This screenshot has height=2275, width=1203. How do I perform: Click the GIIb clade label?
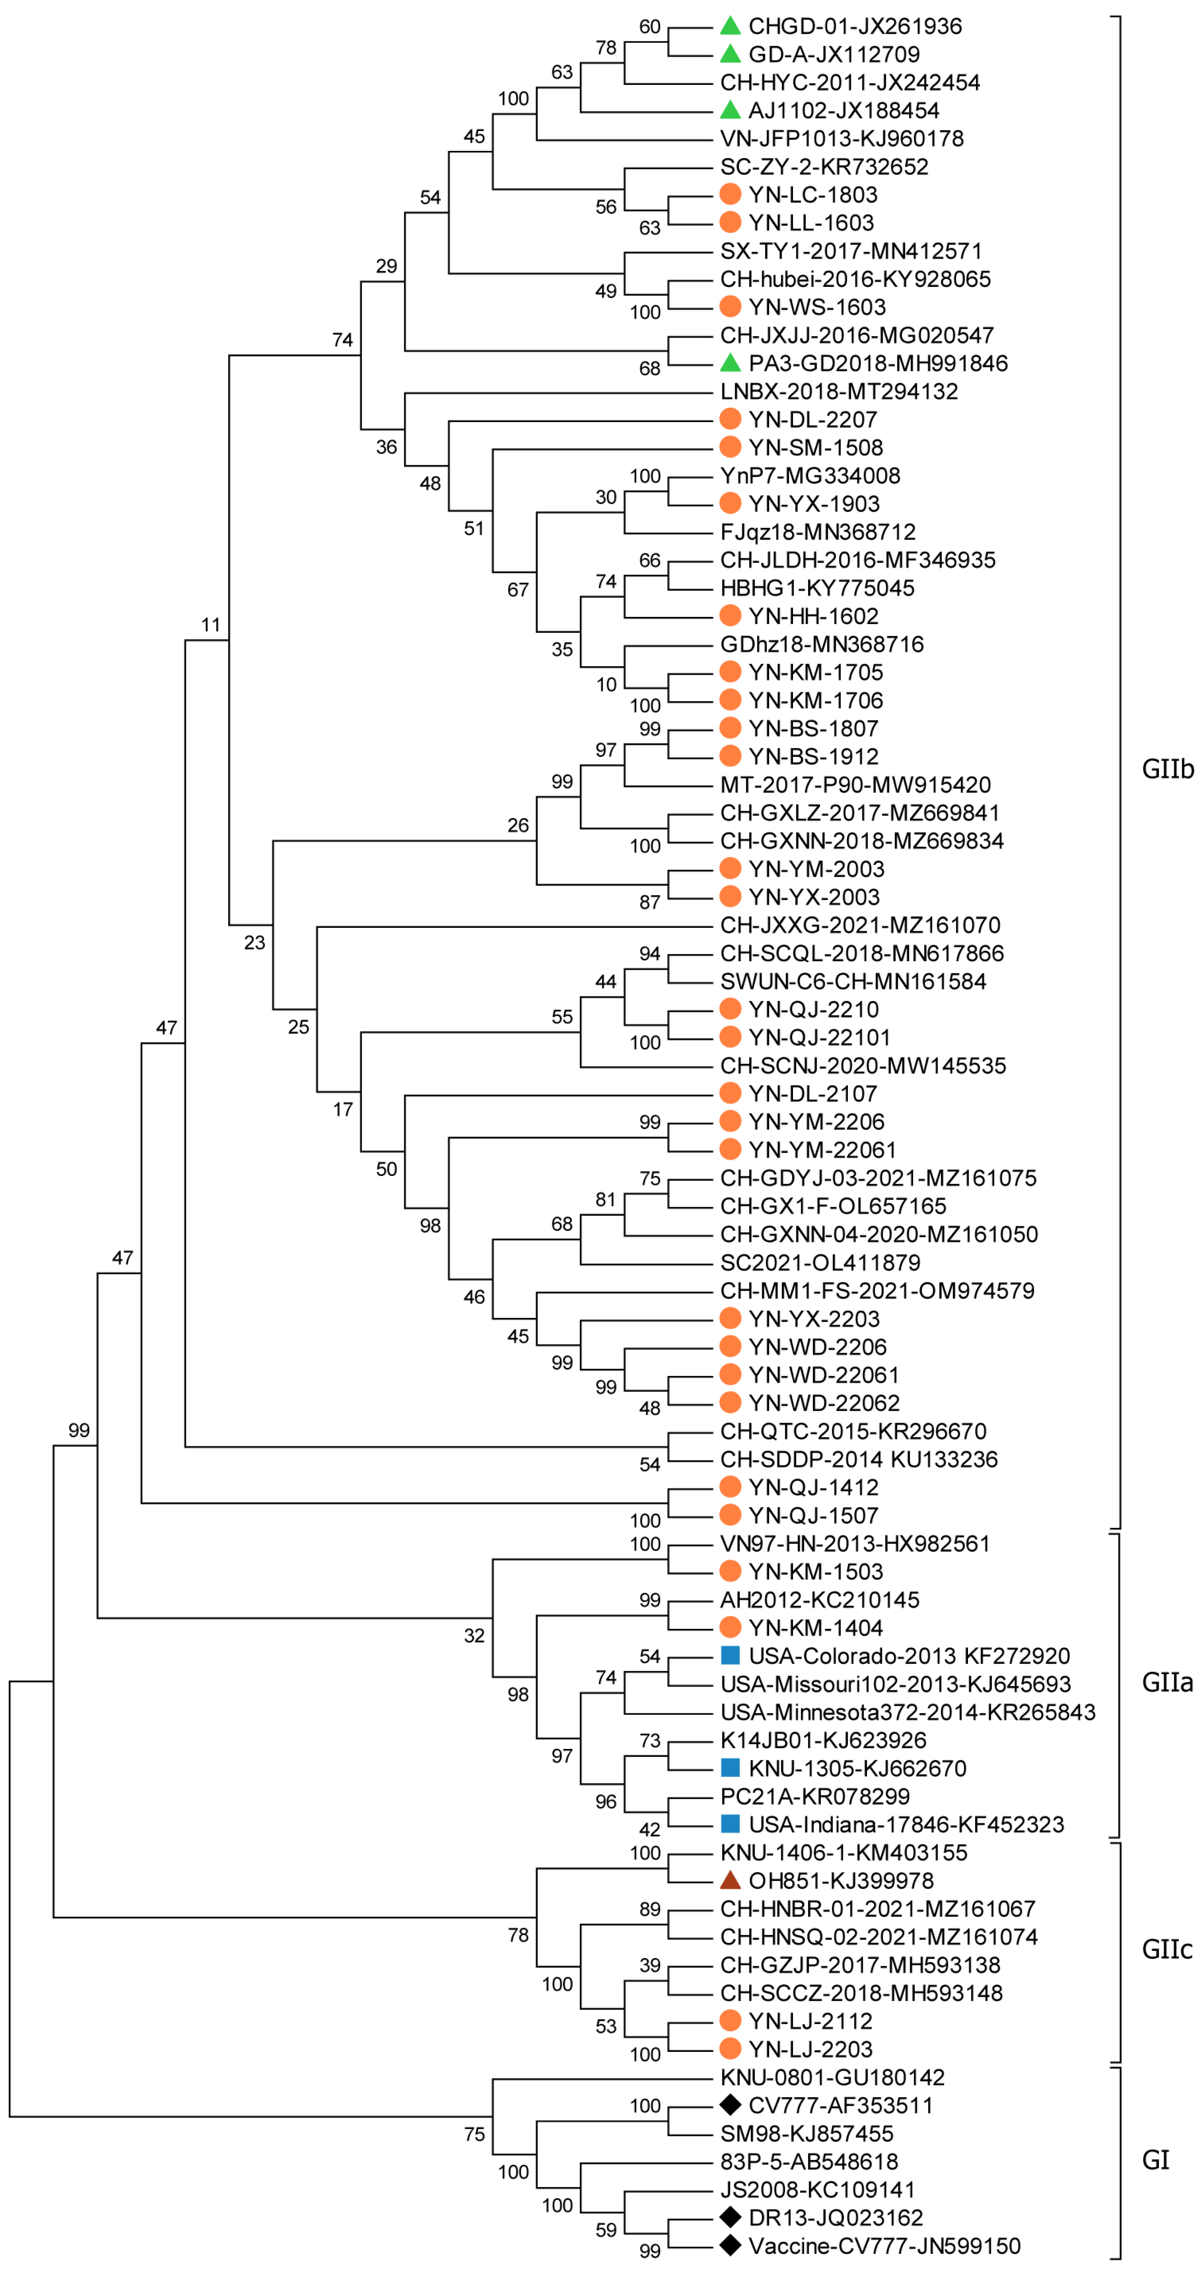pos(1167,769)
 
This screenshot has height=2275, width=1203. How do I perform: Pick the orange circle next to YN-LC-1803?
pos(730,194)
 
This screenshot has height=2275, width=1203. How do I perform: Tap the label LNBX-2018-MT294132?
pos(839,391)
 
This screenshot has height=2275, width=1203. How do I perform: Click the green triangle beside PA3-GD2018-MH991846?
pos(730,363)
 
